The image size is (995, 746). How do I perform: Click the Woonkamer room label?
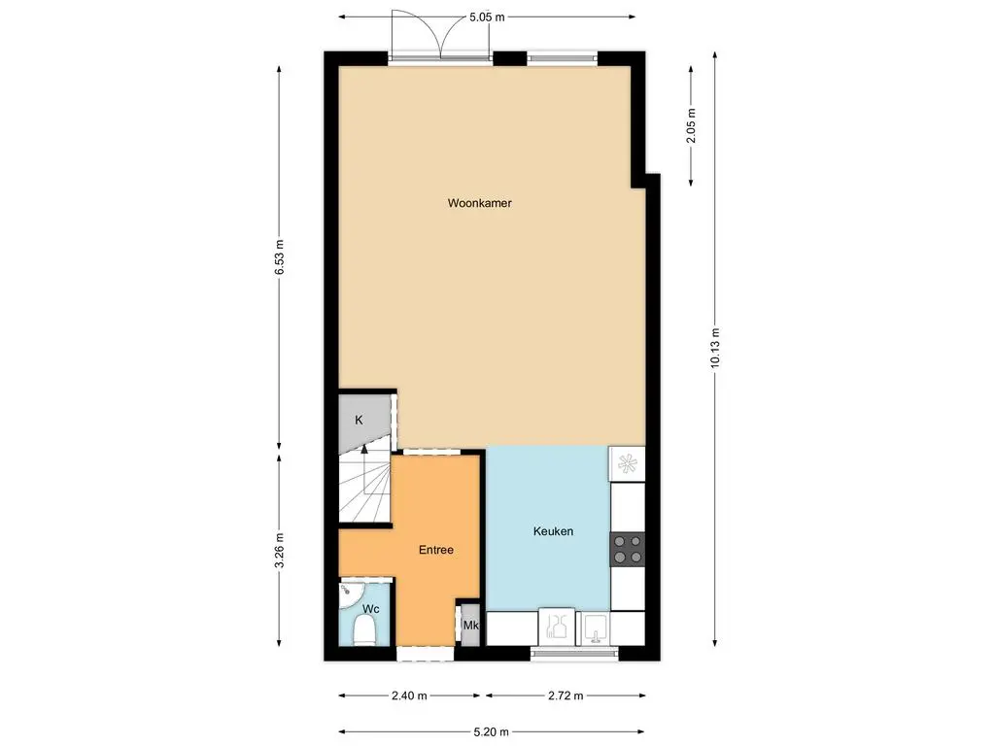pyautogui.click(x=479, y=204)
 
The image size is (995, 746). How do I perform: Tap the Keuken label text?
pyautogui.click(x=553, y=531)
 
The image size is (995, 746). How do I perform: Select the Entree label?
pyautogui.click(x=435, y=550)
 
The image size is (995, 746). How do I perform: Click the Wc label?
pyautogui.click(x=370, y=609)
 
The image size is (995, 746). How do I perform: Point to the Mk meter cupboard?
pyautogui.click(x=470, y=625)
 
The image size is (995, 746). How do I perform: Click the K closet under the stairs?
pyautogui.click(x=360, y=421)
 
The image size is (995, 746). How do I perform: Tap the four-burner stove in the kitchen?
pyautogui.click(x=628, y=550)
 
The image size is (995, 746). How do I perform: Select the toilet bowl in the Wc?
pyautogui.click(x=364, y=631)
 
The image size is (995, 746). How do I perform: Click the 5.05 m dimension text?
pyautogui.click(x=487, y=17)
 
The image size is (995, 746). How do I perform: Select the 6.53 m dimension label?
pyautogui.click(x=279, y=257)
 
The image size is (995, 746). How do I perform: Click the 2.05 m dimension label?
pyautogui.click(x=691, y=125)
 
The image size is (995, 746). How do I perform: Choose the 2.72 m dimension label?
pyautogui.click(x=565, y=695)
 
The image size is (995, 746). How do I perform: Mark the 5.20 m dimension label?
pyautogui.click(x=490, y=731)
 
